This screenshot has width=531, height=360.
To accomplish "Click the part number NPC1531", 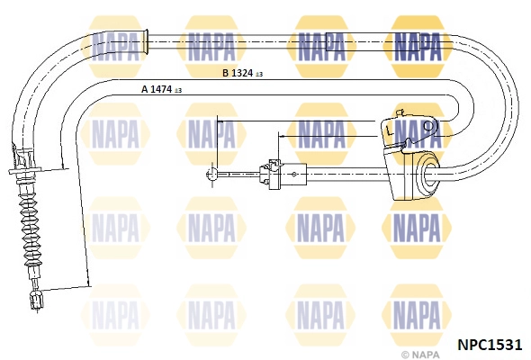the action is (x=490, y=345).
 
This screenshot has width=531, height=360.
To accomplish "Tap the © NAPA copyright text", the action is (x=420, y=355).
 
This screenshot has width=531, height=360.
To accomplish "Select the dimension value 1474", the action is (x=161, y=89).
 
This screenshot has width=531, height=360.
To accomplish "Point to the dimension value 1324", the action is (x=242, y=73).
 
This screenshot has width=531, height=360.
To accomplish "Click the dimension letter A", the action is (x=145, y=89).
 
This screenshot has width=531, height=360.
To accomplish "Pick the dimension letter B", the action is (x=226, y=73).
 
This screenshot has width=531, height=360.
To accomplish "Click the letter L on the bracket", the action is (x=390, y=130).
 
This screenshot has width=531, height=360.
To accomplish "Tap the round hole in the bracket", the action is (x=429, y=127).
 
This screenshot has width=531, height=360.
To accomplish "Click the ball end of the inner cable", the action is (x=211, y=175).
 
